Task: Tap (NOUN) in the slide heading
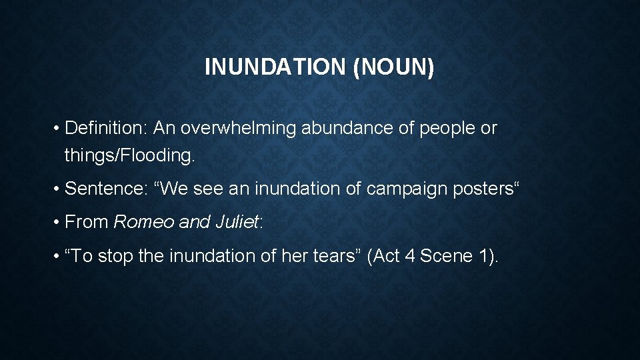click(394, 67)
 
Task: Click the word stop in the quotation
click(115, 255)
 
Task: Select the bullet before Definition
click(59, 128)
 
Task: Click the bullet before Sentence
click(59, 189)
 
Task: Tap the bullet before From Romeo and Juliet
click(59, 222)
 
